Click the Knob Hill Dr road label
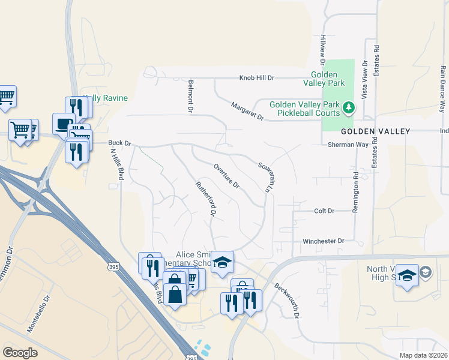coord(257,78)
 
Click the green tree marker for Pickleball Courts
coord(349,108)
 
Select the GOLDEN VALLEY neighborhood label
coord(375,131)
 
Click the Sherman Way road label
coord(348,145)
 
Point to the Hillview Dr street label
coord(322,49)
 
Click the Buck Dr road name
coord(119,143)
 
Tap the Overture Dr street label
coord(226,176)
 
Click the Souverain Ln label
coord(265,176)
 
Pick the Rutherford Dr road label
coord(205,198)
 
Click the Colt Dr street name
coord(324,211)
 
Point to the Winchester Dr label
coord(324,241)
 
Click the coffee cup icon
coord(63,124)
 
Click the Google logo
coord(20,353)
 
